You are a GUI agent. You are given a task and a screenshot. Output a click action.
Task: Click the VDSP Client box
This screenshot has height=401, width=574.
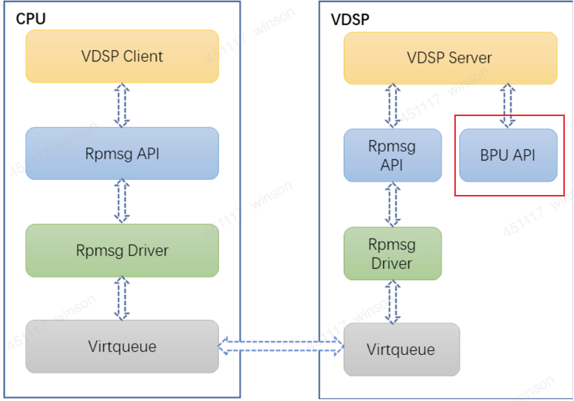pyautogui.click(x=122, y=57)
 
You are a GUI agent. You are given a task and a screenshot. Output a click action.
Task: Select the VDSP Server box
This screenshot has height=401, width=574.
pyautogui.click(x=450, y=58)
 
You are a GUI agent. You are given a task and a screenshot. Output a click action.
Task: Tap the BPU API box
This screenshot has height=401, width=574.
pyautogui.click(x=508, y=155)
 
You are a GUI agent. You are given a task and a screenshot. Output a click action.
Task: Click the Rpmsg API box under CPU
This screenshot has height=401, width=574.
pyautogui.click(x=122, y=153)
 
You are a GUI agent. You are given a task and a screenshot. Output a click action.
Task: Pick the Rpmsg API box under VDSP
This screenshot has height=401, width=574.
pyautogui.click(x=392, y=155)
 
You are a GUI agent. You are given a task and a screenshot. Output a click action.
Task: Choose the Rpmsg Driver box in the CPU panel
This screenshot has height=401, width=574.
pyautogui.click(x=122, y=250)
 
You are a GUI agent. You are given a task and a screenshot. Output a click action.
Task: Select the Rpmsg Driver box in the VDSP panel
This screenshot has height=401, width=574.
pyautogui.click(x=392, y=254)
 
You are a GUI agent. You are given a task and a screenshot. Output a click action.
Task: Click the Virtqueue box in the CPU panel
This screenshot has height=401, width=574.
pyautogui.click(x=122, y=347)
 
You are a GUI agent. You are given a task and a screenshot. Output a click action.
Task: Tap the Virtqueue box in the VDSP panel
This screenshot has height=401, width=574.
pyautogui.click(x=401, y=350)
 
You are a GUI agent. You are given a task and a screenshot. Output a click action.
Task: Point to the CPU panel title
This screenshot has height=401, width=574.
pyautogui.click(x=31, y=19)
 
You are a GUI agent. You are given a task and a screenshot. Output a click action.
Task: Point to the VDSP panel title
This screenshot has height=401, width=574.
pyautogui.click(x=350, y=19)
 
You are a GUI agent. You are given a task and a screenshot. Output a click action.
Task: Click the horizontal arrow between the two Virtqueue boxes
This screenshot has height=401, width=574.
pyautogui.click(x=281, y=346)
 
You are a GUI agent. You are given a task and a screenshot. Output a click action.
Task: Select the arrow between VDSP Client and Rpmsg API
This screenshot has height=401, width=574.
pyautogui.click(x=122, y=105)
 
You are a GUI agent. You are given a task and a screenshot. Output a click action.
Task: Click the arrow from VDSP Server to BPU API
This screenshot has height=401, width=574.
pyautogui.click(x=508, y=105)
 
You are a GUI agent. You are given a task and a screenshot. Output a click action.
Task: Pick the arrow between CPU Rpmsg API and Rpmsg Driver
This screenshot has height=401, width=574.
pyautogui.click(x=122, y=201)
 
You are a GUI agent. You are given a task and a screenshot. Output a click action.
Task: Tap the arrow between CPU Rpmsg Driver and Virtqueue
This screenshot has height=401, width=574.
pyautogui.click(x=122, y=298)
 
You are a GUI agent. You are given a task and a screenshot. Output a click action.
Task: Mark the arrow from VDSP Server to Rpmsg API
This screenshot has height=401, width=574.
pyautogui.click(x=392, y=106)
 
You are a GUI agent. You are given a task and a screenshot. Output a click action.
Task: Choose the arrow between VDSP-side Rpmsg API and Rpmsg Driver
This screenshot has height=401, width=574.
pyautogui.click(x=392, y=204)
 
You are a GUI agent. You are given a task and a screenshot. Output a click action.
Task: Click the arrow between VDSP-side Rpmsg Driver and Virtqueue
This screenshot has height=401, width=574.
pyautogui.click(x=392, y=302)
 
